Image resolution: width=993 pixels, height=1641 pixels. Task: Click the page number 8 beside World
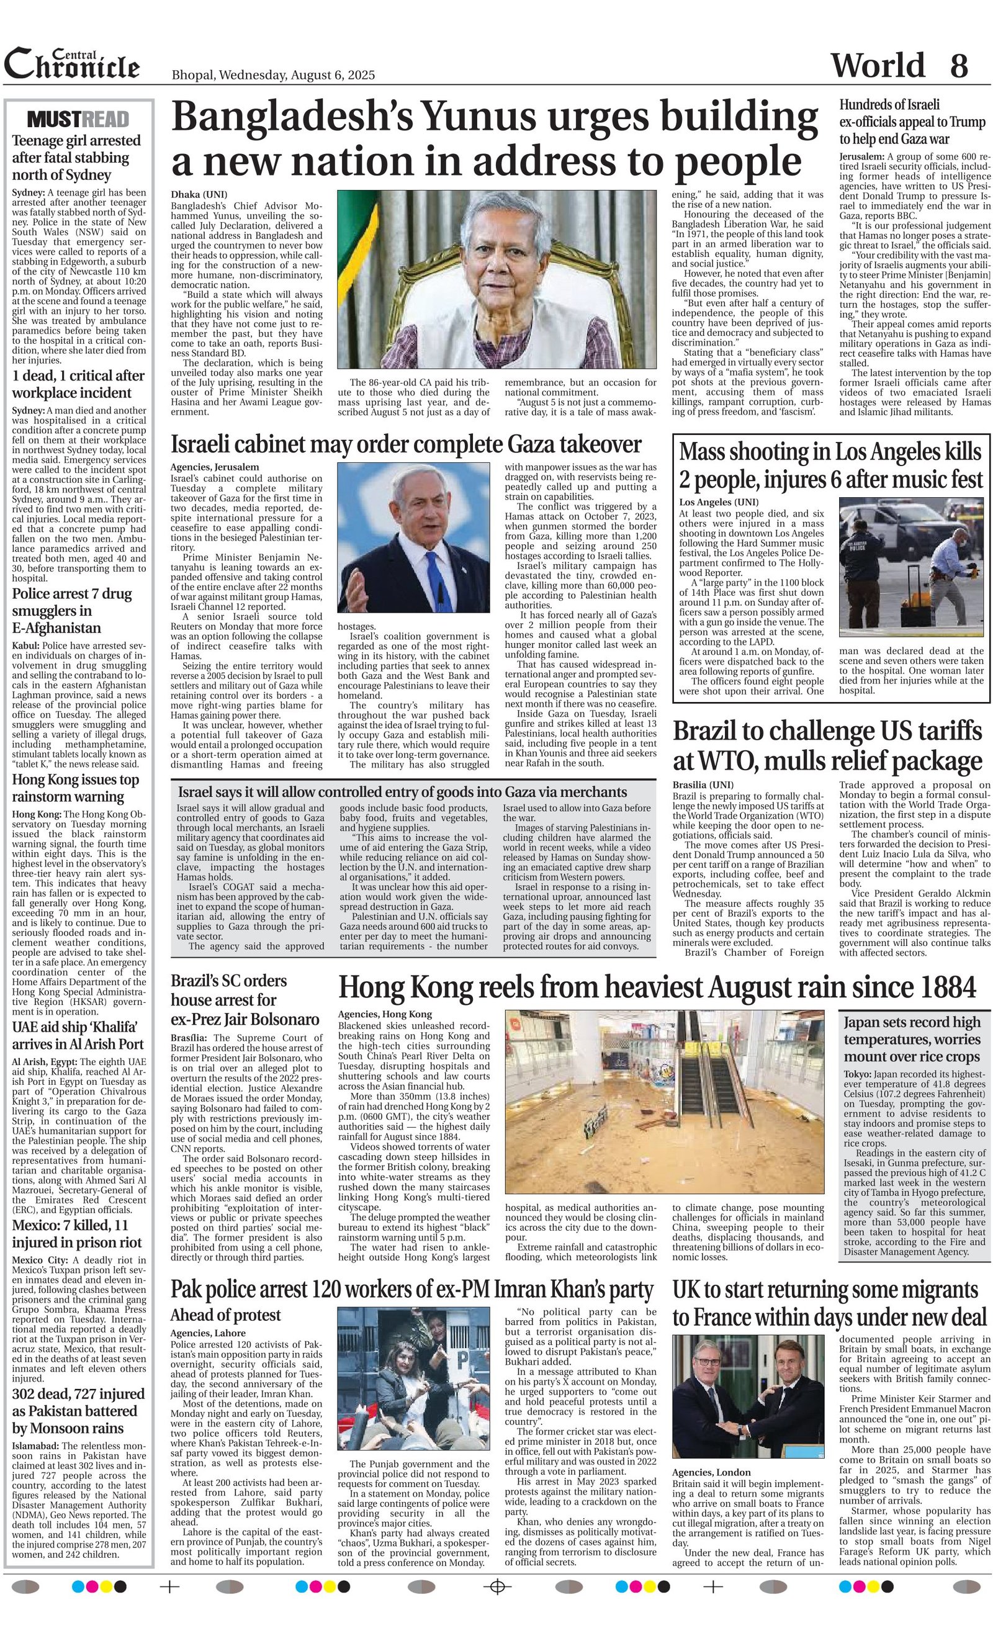tap(958, 65)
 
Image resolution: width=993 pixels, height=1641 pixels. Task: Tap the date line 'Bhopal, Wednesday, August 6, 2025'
tap(273, 74)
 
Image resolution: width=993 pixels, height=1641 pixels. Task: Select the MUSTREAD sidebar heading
tap(78, 120)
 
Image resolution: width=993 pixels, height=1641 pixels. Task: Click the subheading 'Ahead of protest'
tap(225, 1315)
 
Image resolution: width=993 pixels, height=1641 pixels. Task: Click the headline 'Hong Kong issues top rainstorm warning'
tap(76, 788)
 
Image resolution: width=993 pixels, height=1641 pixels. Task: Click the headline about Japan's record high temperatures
tap(912, 1040)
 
